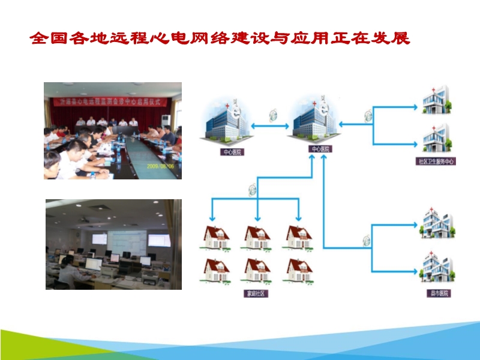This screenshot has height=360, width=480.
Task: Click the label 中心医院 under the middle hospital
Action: point(319,148)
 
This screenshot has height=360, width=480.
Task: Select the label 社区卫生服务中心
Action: point(436,161)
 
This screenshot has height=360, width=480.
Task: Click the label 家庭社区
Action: point(254,294)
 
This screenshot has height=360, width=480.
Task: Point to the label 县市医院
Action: point(437,294)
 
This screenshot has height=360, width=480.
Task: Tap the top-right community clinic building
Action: point(437,101)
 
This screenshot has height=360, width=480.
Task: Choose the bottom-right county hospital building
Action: point(437,268)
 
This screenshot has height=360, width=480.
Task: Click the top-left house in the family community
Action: point(217,238)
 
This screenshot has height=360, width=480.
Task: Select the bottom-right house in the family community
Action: point(298,271)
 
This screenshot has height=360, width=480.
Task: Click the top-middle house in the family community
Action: point(257,238)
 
